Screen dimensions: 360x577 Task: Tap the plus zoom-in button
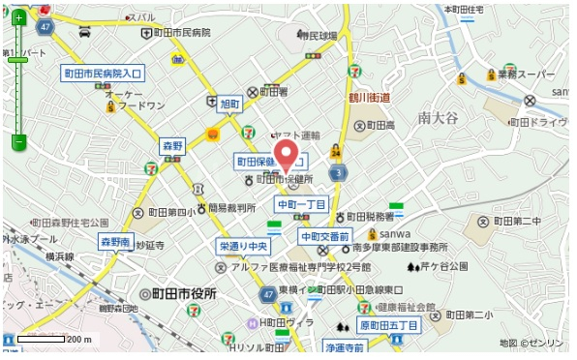pos(17,17)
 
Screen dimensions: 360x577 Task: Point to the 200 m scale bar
pos(43,339)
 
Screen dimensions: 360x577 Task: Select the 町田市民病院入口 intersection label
pos(103,73)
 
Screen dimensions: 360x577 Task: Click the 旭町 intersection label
pos(229,103)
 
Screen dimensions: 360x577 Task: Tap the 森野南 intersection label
pos(115,241)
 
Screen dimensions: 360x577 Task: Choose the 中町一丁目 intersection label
pos(302,204)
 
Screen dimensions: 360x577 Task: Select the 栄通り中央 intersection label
pos(242,246)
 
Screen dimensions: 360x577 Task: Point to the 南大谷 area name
pos(438,117)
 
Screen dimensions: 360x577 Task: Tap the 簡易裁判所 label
pos(232,207)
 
